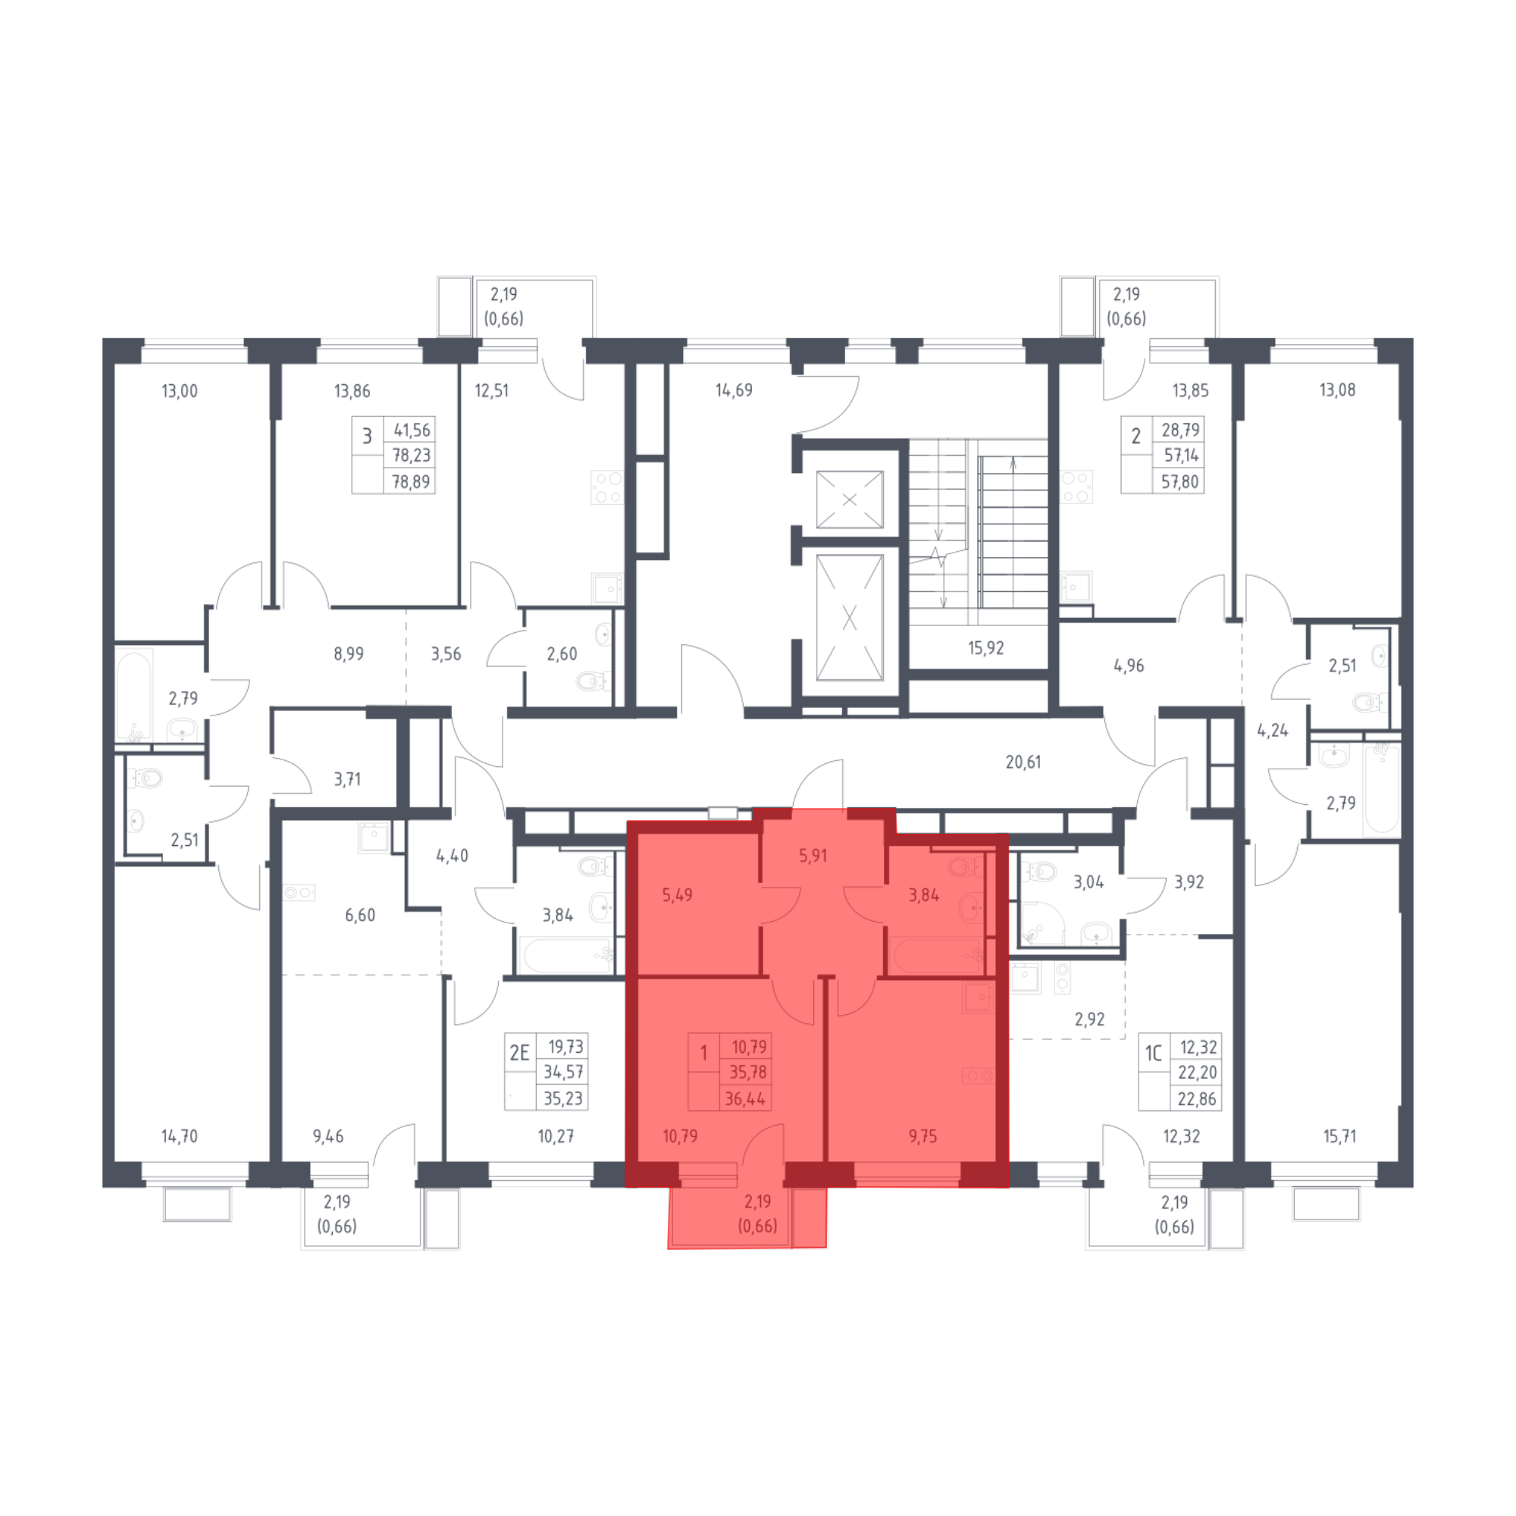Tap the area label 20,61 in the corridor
coord(1023,761)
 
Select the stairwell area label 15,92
coord(986,649)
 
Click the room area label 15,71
coord(1339,1136)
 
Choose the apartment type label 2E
coord(518,1053)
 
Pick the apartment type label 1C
coord(1153,1053)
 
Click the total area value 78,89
coord(410,482)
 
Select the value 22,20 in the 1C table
coord(1197,1073)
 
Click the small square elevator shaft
coord(849,500)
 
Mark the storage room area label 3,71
coord(347,779)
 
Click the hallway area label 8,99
coord(348,653)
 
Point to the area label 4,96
coord(1129,666)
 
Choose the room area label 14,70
coord(179,1136)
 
